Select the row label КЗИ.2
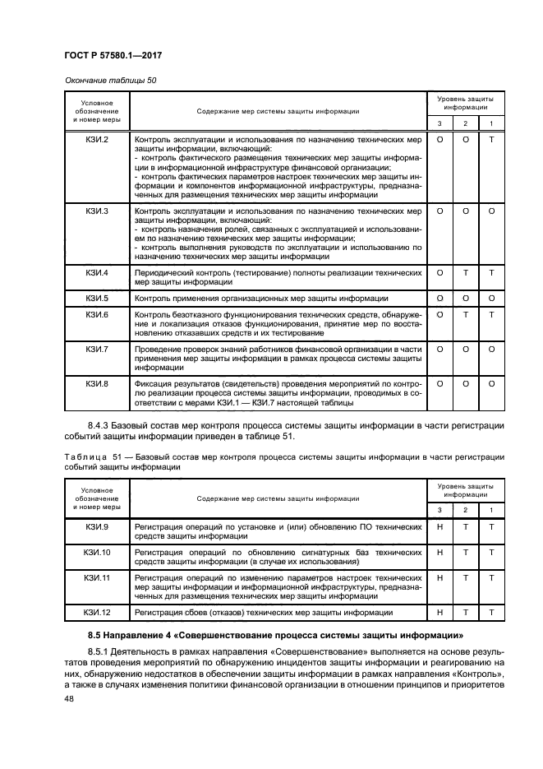[97, 141]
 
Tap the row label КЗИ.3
[97, 211]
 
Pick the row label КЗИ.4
[97, 272]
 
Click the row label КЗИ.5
[97, 298]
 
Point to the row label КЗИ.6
[97, 314]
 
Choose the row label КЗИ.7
[97, 349]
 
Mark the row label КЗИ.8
[97, 383]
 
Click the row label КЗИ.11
[97, 578]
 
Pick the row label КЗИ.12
[97, 613]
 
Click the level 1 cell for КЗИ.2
[491, 141]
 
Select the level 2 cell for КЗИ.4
[466, 272]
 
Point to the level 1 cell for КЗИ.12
[491, 613]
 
